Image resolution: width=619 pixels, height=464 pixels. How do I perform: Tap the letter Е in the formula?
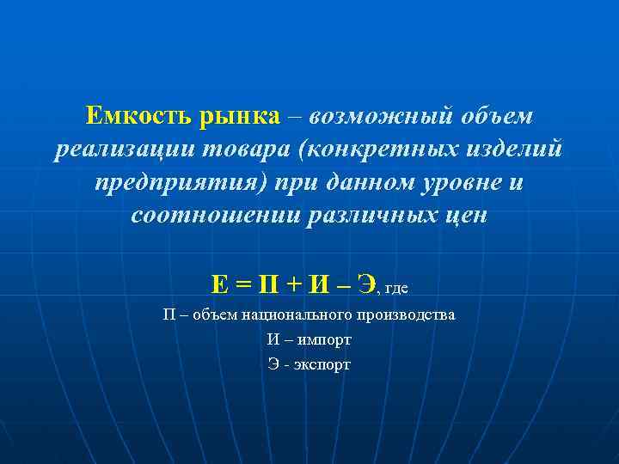point(219,284)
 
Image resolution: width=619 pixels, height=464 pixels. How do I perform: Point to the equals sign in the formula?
point(243,284)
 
